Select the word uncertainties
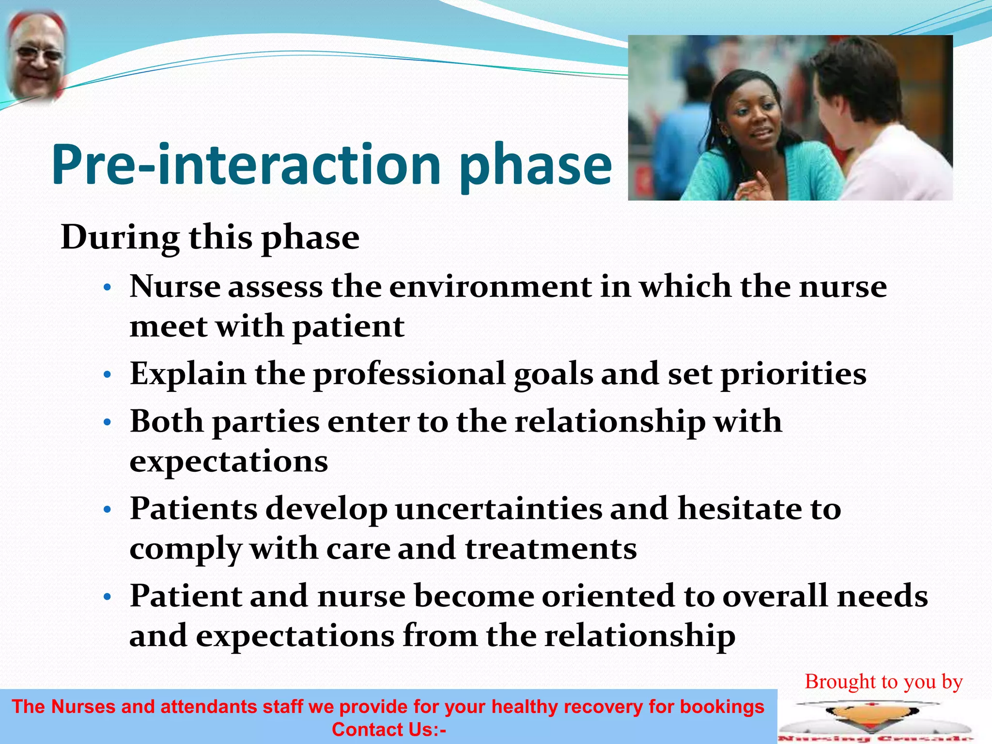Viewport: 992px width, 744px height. (498, 509)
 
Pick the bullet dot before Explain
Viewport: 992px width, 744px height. (108, 375)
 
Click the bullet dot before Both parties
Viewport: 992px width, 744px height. (108, 423)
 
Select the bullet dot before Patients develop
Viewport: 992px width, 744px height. (108, 510)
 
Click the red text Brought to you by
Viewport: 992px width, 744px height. (883, 682)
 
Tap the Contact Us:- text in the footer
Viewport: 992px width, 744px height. (388, 729)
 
